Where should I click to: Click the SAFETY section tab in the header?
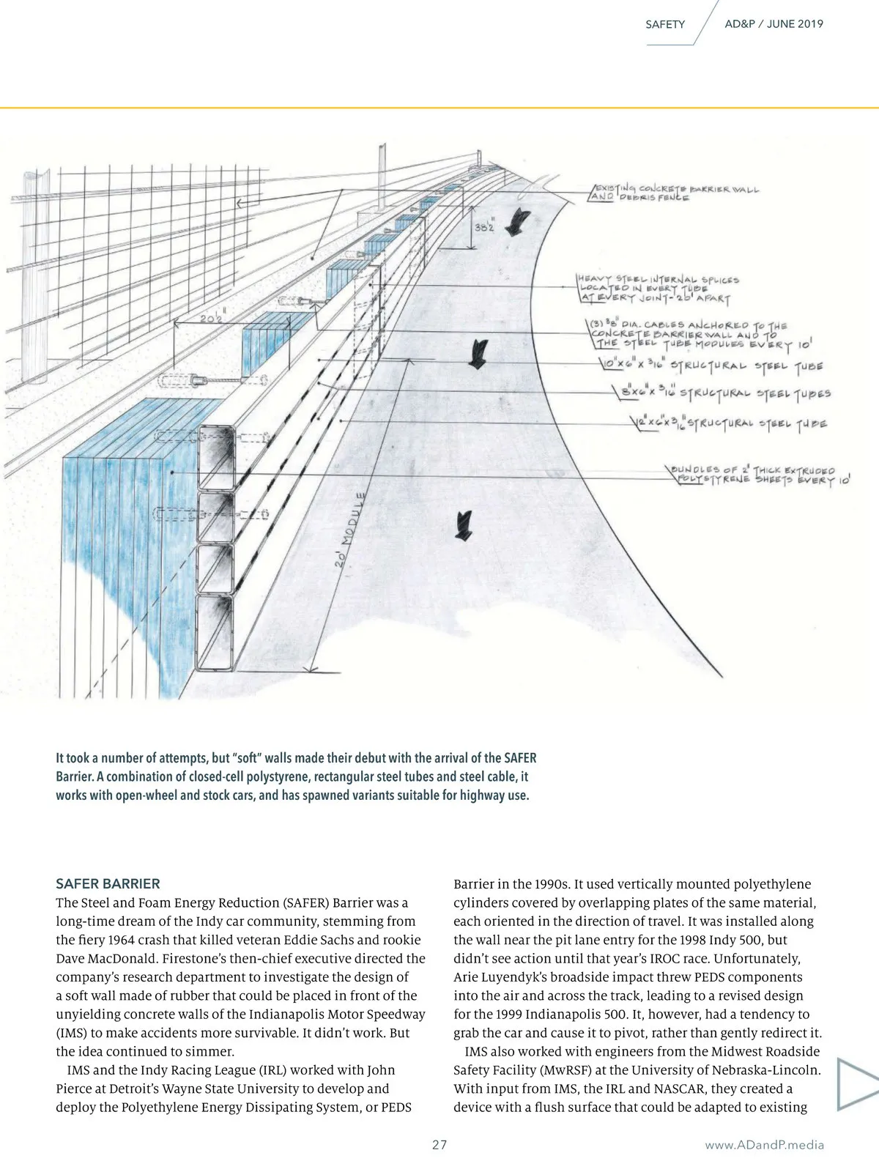tap(664, 24)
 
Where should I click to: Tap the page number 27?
tap(439, 1145)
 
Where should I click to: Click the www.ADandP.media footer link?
tap(764, 1145)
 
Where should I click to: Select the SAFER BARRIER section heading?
tap(108, 883)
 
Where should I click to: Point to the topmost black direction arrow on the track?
tap(522, 218)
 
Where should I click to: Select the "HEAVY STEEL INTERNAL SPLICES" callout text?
tap(659, 279)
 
